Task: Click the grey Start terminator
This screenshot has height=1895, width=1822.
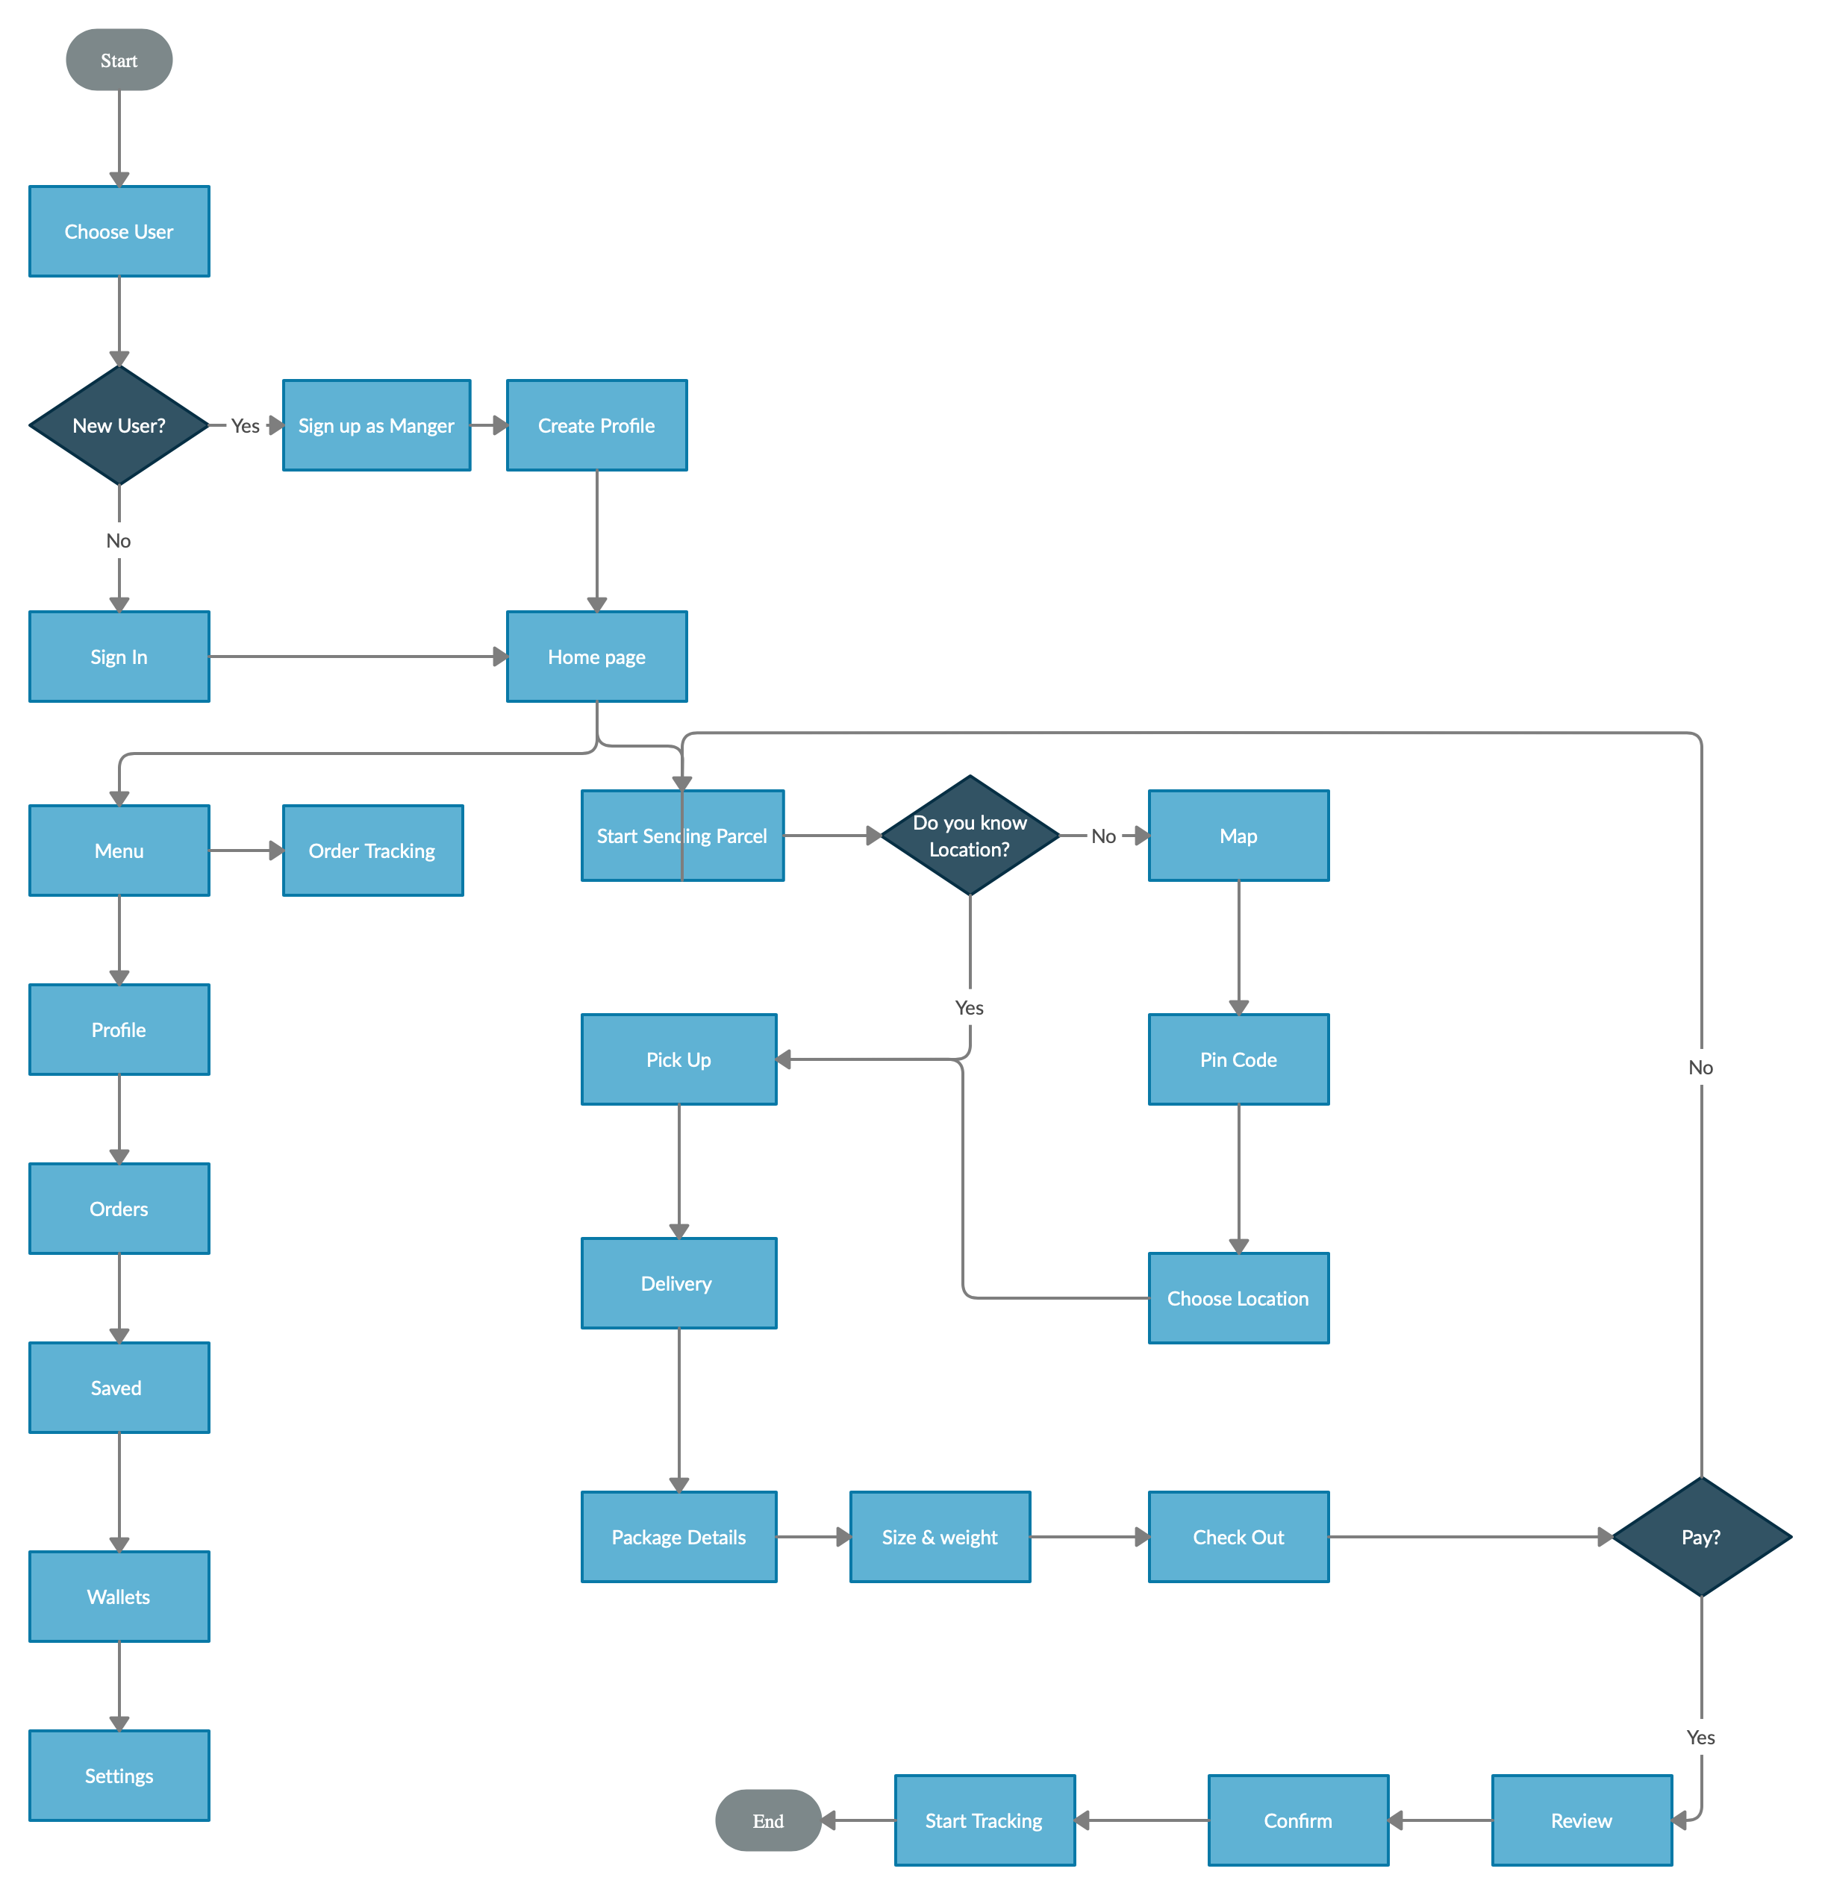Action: (119, 60)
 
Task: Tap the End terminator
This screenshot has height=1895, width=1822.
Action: (768, 1820)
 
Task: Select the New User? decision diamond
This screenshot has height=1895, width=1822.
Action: (119, 425)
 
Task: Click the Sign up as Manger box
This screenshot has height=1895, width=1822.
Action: (376, 425)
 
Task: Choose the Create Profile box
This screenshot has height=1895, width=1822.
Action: (596, 425)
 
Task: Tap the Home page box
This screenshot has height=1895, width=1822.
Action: (596, 657)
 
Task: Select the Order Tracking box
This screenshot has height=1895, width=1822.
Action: (372, 851)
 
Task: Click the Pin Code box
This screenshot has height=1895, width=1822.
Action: (1238, 1059)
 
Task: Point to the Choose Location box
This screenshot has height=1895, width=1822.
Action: (1238, 1298)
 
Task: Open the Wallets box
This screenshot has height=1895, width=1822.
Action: (119, 1597)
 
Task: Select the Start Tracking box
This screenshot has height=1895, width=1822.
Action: (985, 1820)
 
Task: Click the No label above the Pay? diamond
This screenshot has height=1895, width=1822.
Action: (1701, 1068)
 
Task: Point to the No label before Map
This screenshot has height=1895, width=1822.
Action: (1103, 836)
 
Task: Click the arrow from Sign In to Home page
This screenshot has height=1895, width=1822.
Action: (358, 657)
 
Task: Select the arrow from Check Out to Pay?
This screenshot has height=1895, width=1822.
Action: (1470, 1536)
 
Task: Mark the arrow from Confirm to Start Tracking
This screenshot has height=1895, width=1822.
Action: (1141, 1820)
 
